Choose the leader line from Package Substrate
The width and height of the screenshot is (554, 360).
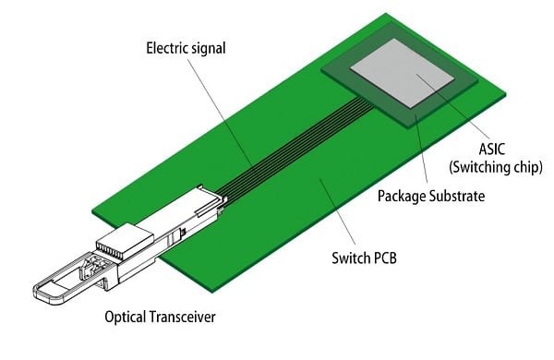click(420, 152)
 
